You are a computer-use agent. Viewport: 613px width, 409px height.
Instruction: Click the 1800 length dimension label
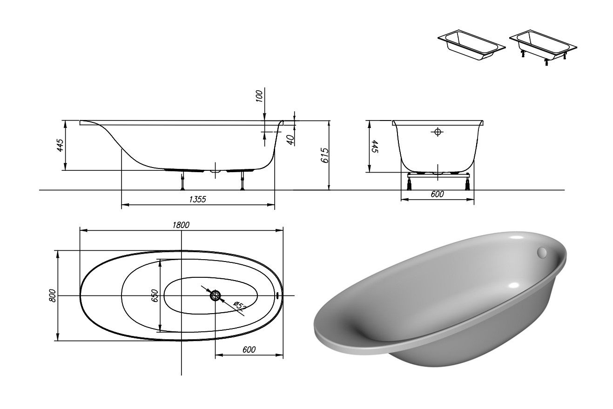pos(181,225)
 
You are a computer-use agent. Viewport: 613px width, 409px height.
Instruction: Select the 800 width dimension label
pos(53,296)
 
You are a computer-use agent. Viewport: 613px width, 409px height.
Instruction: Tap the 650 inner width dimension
pos(155,295)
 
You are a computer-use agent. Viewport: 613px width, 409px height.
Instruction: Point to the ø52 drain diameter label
pos(240,306)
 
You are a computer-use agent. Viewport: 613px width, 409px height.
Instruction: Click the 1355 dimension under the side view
pos(197,199)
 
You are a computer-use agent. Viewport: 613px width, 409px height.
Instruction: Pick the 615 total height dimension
pos(324,155)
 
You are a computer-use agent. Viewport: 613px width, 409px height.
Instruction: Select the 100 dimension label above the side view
pos(259,96)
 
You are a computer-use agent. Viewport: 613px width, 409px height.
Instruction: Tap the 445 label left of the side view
pos(60,145)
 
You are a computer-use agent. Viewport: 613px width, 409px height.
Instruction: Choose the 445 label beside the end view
pos(375,147)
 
